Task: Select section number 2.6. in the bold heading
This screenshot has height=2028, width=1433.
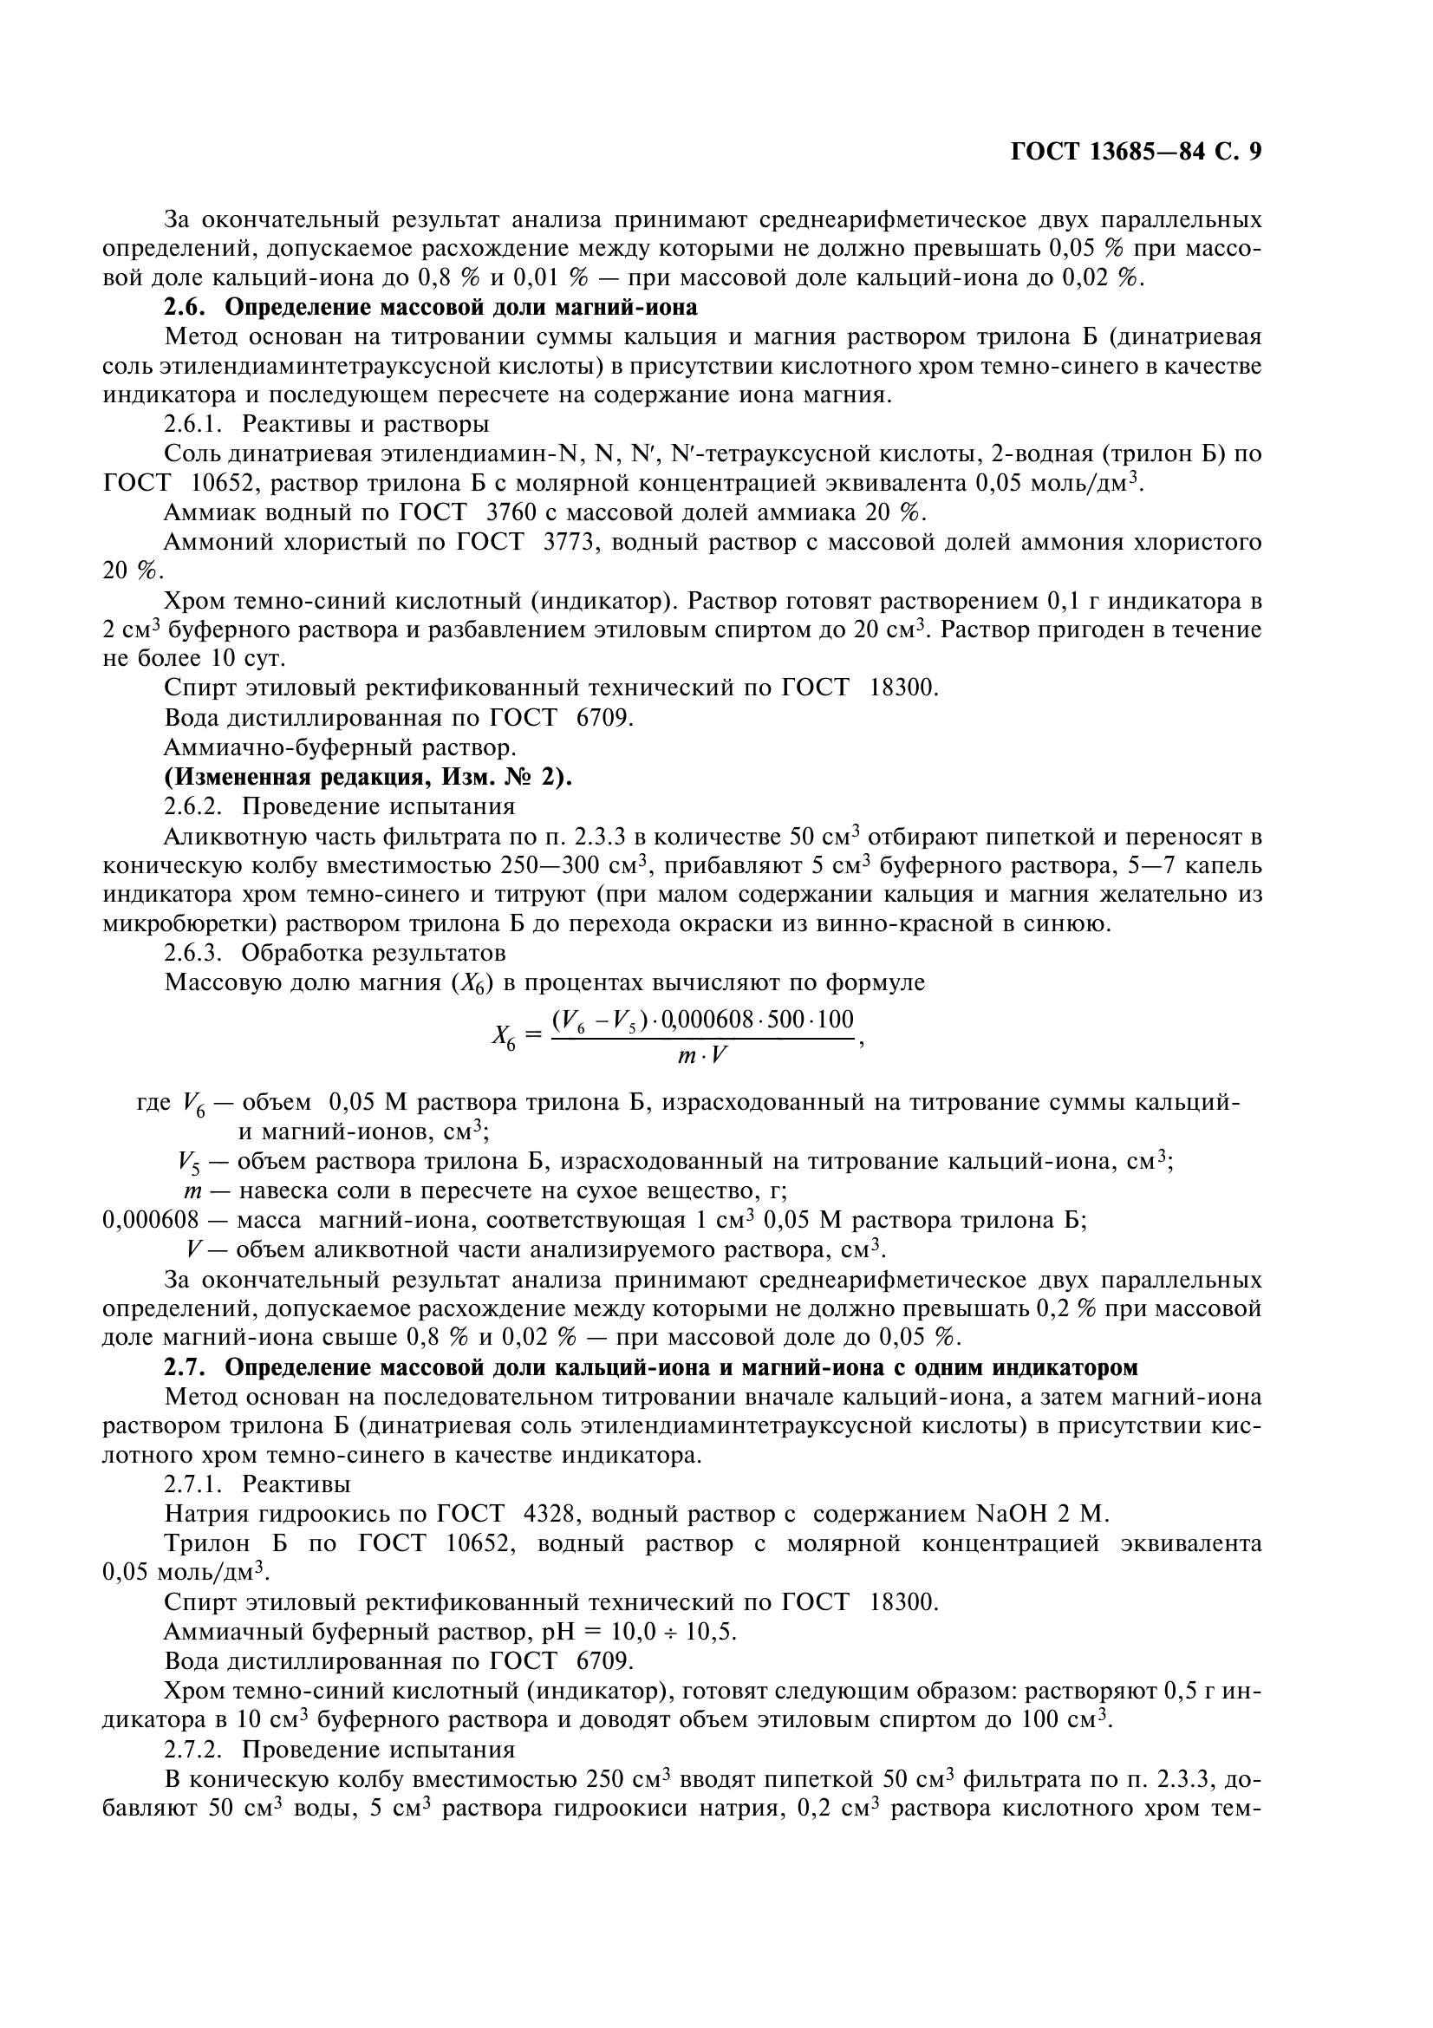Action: pos(186,308)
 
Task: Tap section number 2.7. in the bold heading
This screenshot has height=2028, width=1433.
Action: pos(186,1367)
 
